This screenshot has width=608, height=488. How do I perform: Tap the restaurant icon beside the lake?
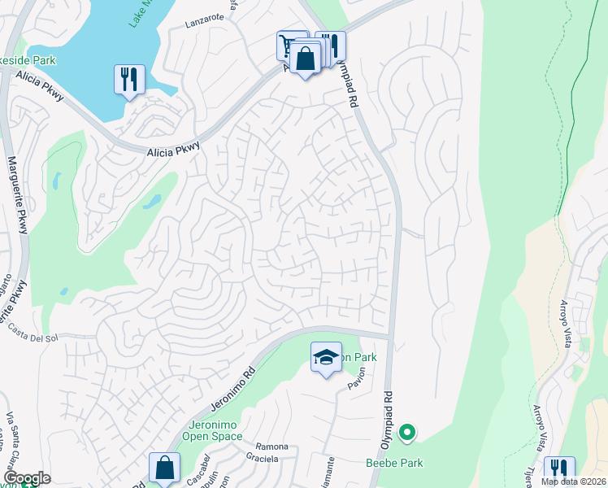[129, 80]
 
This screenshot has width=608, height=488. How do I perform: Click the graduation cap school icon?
[325, 357]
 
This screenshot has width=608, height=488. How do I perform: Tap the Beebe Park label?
[393, 463]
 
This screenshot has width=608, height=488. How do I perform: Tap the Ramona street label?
[271, 447]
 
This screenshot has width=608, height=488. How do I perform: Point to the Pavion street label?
[357, 379]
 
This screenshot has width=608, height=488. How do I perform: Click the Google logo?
[26, 478]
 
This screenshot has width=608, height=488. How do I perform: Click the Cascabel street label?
[196, 465]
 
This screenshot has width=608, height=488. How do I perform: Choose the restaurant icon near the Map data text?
[559, 469]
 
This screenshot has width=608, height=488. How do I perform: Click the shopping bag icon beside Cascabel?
[163, 468]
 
